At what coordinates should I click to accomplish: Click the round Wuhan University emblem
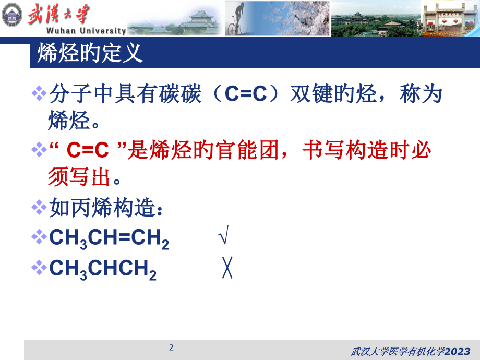coord(12,14)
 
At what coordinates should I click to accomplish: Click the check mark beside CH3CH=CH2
coord(222,238)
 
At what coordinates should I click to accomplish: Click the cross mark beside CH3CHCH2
coord(227,269)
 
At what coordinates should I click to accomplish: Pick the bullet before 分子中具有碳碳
coord(39,94)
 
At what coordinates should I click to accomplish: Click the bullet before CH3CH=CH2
coord(39,238)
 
